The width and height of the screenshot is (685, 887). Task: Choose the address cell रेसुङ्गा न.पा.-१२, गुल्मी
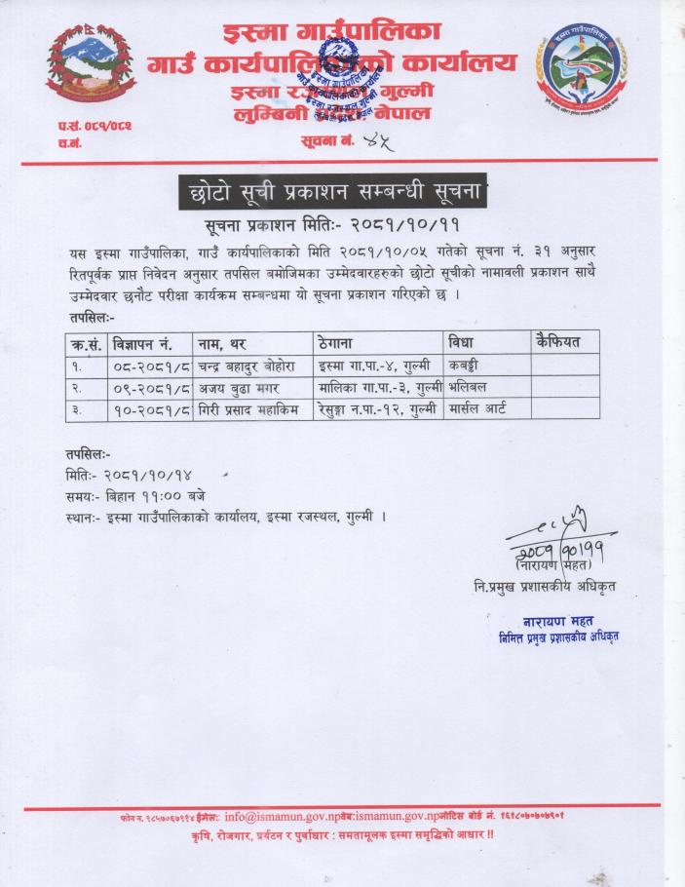[x=375, y=410]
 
